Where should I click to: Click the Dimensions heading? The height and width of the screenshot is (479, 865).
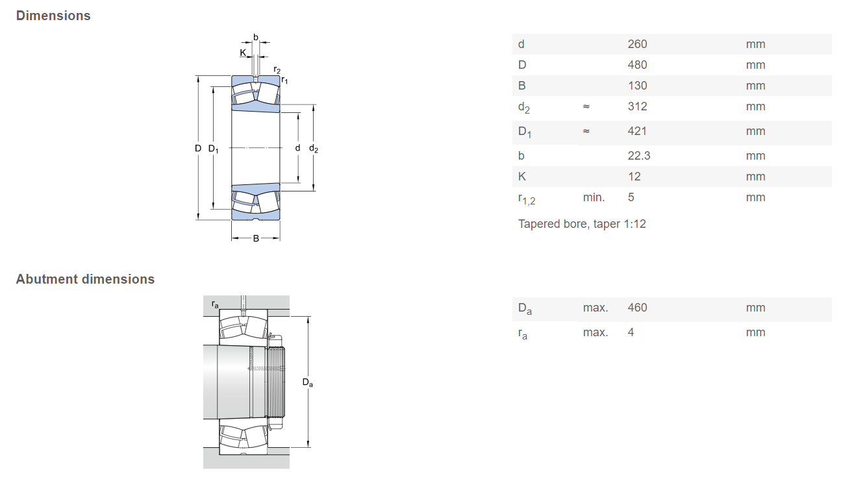click(x=53, y=16)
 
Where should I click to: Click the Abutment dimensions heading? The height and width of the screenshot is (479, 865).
click(x=85, y=279)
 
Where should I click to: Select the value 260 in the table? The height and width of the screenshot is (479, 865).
click(x=637, y=44)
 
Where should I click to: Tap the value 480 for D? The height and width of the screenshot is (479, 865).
click(x=637, y=65)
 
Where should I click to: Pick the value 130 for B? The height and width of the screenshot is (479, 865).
click(x=637, y=86)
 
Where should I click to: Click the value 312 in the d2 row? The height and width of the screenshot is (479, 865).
click(x=637, y=106)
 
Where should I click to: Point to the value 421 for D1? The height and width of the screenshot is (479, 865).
click(x=637, y=131)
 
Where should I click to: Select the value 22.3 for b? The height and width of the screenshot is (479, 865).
click(x=639, y=156)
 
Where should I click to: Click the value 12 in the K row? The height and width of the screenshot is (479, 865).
click(x=634, y=177)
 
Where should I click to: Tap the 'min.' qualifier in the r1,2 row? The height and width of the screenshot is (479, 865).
click(x=594, y=197)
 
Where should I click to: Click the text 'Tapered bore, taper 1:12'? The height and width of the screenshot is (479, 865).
click(x=582, y=224)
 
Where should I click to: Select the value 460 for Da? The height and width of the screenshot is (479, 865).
click(x=637, y=308)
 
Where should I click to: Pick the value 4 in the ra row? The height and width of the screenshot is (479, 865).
click(x=631, y=332)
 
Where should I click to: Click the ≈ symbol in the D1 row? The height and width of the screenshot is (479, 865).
click(x=586, y=131)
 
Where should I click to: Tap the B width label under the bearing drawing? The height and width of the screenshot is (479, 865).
click(x=256, y=239)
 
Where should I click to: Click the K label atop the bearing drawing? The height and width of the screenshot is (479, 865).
click(x=242, y=53)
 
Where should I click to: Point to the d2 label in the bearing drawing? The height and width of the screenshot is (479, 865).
click(x=314, y=149)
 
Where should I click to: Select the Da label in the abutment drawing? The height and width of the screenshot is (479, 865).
click(x=307, y=382)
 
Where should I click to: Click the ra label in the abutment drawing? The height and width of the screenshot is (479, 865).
click(x=215, y=304)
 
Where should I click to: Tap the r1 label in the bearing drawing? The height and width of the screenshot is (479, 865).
click(x=284, y=80)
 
